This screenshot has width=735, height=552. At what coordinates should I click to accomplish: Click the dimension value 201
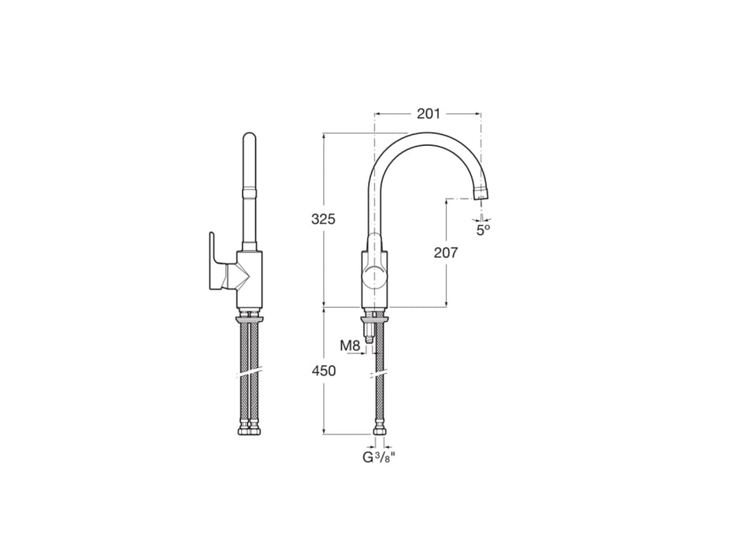(429, 114)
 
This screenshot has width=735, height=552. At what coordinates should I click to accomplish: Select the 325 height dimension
(322, 219)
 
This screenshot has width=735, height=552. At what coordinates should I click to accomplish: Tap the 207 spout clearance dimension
(446, 252)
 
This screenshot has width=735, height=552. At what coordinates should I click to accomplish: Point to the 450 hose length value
(323, 370)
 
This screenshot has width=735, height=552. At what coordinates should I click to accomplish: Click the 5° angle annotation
(483, 229)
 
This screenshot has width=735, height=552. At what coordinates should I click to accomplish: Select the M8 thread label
(350, 345)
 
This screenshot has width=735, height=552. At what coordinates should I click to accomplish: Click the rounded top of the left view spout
(249, 140)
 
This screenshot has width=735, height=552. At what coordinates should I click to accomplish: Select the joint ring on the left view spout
(249, 190)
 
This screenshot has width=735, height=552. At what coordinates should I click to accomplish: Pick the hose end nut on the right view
(378, 431)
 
